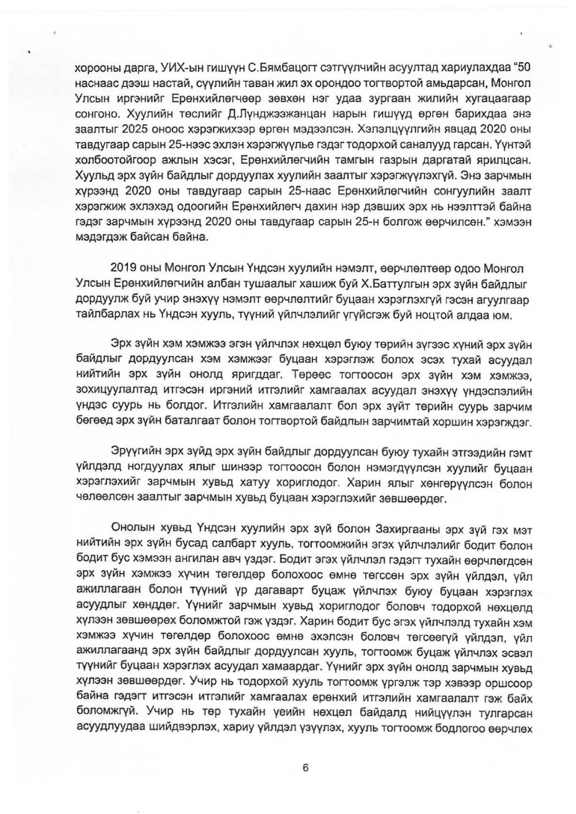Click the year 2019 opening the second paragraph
[x=123, y=268]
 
